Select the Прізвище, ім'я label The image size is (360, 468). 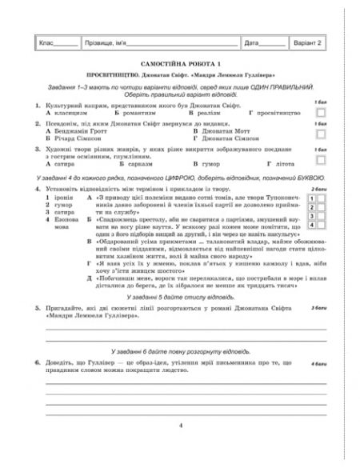coord(106,42)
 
